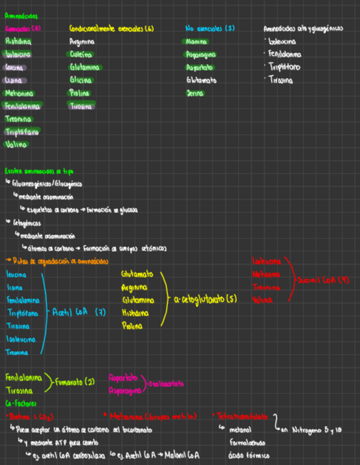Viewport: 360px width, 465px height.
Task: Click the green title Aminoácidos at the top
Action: point(18,16)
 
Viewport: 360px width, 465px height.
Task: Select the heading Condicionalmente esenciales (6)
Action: point(111,29)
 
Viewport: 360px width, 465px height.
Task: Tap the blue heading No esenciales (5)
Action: point(210,29)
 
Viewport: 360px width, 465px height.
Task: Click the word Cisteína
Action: point(81,54)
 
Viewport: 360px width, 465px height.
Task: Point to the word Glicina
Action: point(80,80)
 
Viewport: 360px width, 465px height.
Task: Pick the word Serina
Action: point(194,93)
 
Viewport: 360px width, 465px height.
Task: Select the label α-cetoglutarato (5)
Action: point(205,300)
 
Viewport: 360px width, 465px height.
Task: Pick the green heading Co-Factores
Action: point(20,404)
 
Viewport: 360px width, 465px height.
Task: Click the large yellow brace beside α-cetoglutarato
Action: point(164,300)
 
